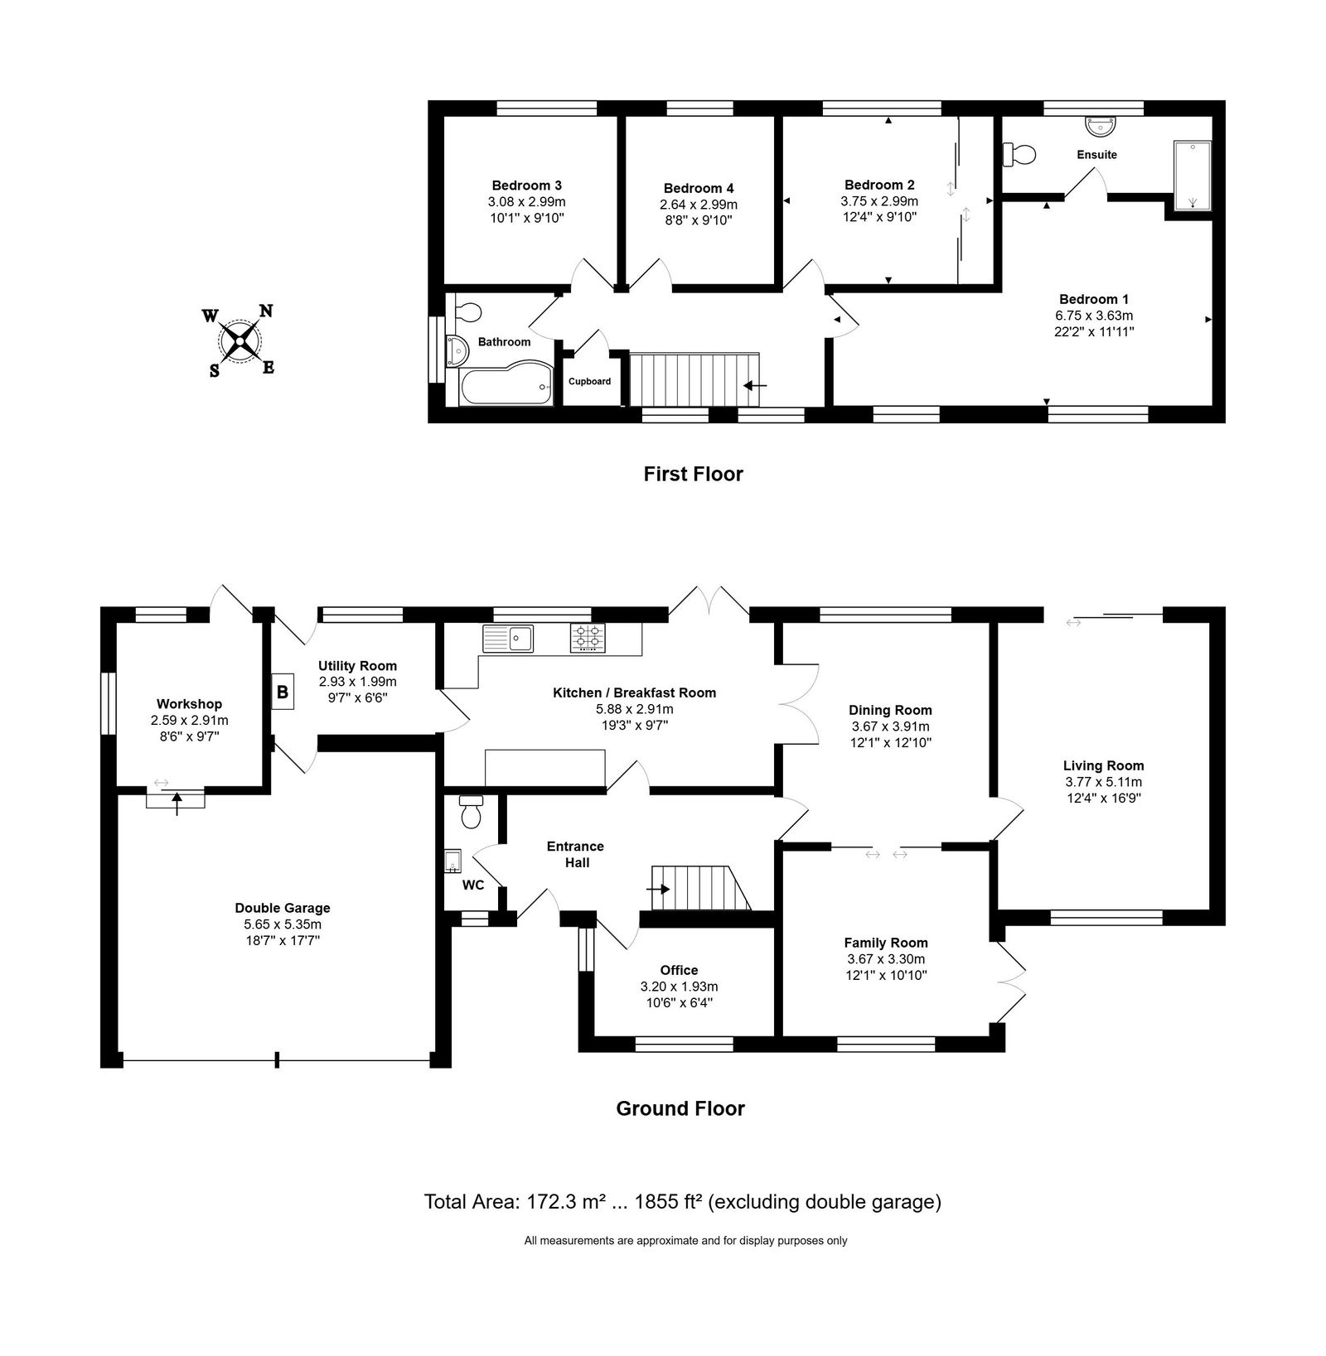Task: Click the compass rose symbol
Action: [240, 340]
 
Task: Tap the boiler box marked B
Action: [283, 691]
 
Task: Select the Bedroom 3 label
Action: [526, 185]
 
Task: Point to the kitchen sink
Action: [508, 639]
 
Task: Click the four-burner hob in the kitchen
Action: [588, 638]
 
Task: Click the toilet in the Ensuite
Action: [1019, 154]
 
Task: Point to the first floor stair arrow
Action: [755, 385]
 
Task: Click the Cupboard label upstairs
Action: [589, 381]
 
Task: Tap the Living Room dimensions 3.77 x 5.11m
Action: [1103, 782]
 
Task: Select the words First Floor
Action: [694, 474]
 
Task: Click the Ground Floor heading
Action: [680, 1108]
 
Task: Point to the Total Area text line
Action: [683, 1202]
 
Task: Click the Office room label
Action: [679, 970]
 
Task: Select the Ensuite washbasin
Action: [1102, 125]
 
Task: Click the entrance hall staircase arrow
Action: [659, 889]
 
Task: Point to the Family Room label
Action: [886, 943]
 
